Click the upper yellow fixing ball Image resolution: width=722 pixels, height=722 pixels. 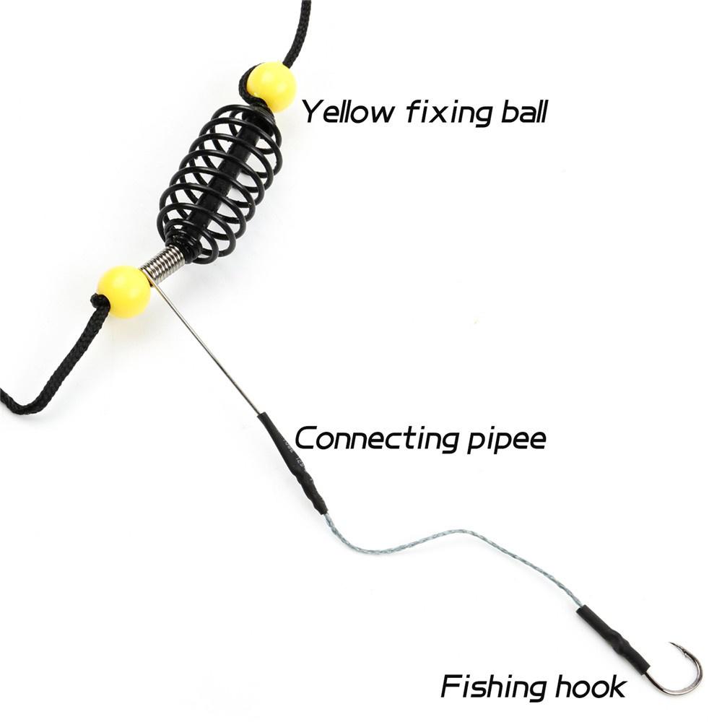coord(271,87)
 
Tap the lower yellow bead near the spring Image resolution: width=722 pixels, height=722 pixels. coord(125,292)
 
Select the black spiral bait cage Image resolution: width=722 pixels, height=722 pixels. coord(220,184)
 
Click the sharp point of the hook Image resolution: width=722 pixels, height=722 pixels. coord(671,644)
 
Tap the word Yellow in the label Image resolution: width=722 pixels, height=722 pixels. coord(349,112)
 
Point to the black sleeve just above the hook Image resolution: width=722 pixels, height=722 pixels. coord(613,636)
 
